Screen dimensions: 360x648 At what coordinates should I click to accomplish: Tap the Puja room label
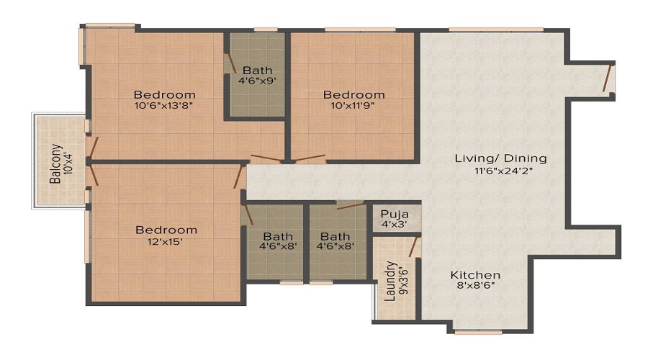[x=395, y=214]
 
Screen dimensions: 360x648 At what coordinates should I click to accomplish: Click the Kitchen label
[x=475, y=275]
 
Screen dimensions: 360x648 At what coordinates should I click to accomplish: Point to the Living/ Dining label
[x=500, y=158]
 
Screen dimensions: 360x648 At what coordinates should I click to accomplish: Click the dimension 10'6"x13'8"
[x=165, y=105]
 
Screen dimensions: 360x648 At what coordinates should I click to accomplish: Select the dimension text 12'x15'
[x=166, y=242]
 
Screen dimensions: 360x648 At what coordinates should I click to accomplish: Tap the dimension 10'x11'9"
[x=354, y=105]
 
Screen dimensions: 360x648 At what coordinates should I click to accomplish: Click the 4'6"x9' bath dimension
[x=257, y=81]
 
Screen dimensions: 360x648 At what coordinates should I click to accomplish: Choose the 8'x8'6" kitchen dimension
[x=475, y=286]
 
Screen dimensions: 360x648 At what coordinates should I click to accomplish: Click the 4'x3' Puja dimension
[x=395, y=225]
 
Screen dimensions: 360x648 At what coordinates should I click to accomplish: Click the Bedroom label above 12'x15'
[x=166, y=230]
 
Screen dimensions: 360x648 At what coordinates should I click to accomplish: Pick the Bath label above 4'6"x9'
[x=257, y=70]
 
